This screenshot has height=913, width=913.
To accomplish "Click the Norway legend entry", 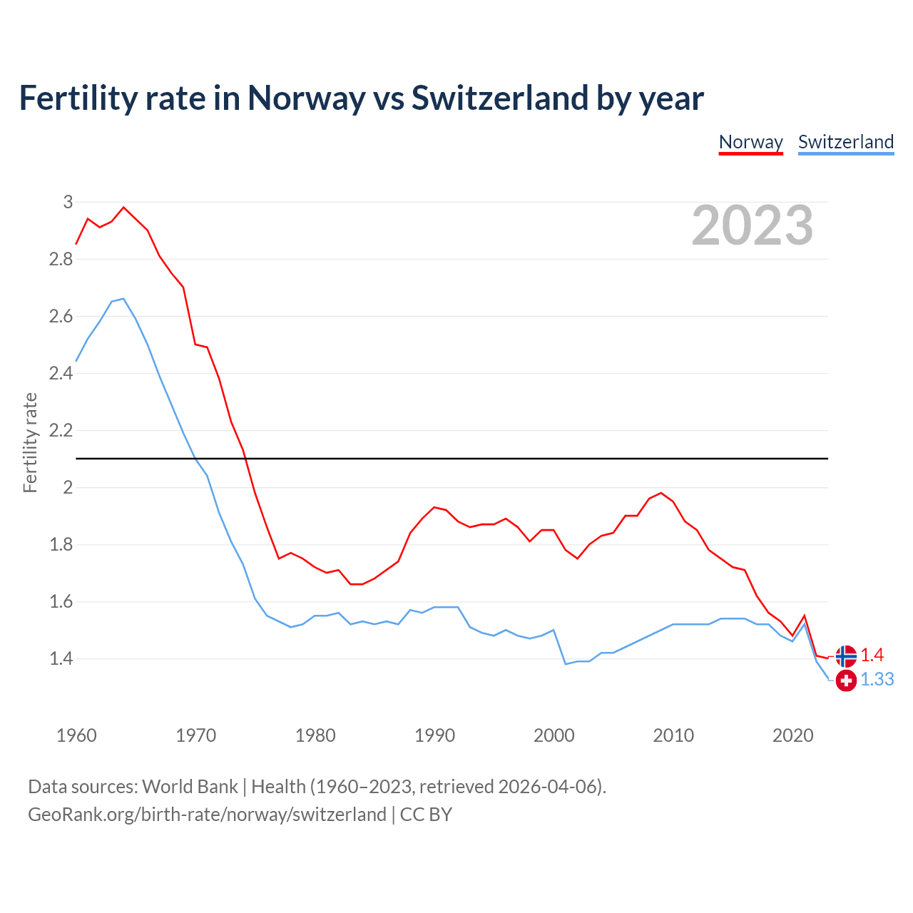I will pyautogui.click(x=750, y=142).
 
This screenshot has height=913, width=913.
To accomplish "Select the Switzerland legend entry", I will pyautogui.click(x=845, y=142).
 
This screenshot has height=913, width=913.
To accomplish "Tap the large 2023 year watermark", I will pyautogui.click(x=753, y=225).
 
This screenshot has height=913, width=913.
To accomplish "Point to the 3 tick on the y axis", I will pyautogui.click(x=68, y=202).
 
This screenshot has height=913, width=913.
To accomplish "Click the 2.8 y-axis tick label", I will pyautogui.click(x=61, y=259).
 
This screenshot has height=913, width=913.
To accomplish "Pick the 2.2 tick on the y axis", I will pyautogui.click(x=61, y=430).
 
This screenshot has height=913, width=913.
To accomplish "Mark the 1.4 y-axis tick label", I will pyautogui.click(x=61, y=658).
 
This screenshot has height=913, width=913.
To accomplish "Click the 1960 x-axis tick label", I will pyautogui.click(x=76, y=735).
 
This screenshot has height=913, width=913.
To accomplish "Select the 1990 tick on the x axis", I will pyautogui.click(x=434, y=735).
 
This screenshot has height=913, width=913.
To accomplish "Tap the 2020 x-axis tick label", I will pyautogui.click(x=792, y=735).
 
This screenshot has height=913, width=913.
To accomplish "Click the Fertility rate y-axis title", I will pyautogui.click(x=30, y=442).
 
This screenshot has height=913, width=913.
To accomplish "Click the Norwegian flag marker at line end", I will pyautogui.click(x=846, y=656).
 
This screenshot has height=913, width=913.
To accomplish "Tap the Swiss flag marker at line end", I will pyautogui.click(x=846, y=680).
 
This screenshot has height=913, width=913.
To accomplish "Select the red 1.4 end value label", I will pyautogui.click(x=872, y=655).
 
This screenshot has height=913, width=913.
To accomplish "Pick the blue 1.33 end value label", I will pyautogui.click(x=877, y=680).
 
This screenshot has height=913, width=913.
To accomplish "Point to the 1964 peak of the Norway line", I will pyautogui.click(x=123, y=208).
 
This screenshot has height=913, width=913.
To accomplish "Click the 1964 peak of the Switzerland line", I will pyautogui.click(x=123, y=299).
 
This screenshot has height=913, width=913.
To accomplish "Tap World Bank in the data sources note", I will pyautogui.click(x=190, y=786).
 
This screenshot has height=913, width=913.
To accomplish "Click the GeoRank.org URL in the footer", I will pyautogui.click(x=207, y=814).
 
